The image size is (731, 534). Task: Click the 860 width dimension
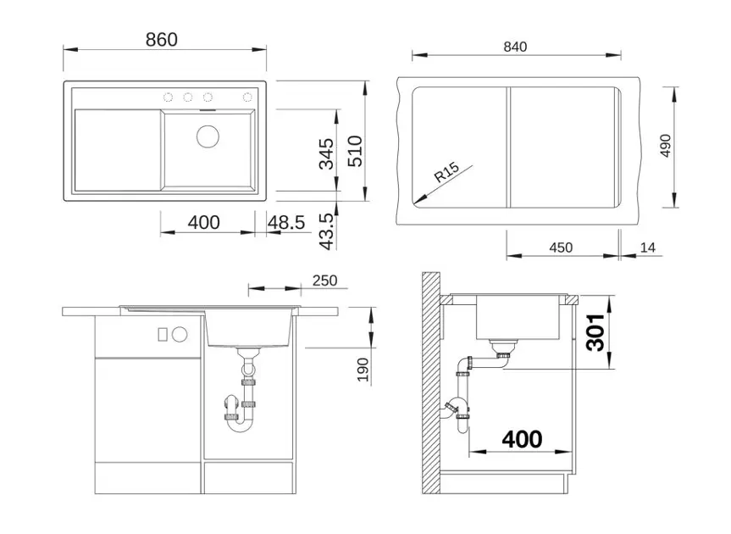(x=162, y=40)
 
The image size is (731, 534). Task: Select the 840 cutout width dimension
(x=515, y=47)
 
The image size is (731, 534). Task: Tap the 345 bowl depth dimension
(x=326, y=153)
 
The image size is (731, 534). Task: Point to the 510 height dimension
(x=355, y=151)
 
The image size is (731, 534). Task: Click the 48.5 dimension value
(x=286, y=222)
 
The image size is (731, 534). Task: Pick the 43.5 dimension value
(x=327, y=231)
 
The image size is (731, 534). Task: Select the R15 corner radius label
(x=446, y=171)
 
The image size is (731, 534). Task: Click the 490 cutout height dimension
(x=665, y=146)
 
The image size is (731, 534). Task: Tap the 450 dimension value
(x=561, y=248)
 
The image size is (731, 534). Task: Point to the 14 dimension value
(x=647, y=248)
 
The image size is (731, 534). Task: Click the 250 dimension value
(x=324, y=281)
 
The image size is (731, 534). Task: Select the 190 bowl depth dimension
(x=363, y=370)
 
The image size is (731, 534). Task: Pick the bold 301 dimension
(x=595, y=332)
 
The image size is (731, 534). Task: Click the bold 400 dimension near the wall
(x=522, y=439)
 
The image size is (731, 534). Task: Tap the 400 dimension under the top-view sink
(x=204, y=222)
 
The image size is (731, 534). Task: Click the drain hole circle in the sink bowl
(x=208, y=136)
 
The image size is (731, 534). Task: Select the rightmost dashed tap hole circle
(x=247, y=97)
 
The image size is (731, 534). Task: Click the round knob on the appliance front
(x=180, y=335)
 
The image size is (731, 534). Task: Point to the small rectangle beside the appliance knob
(x=163, y=335)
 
